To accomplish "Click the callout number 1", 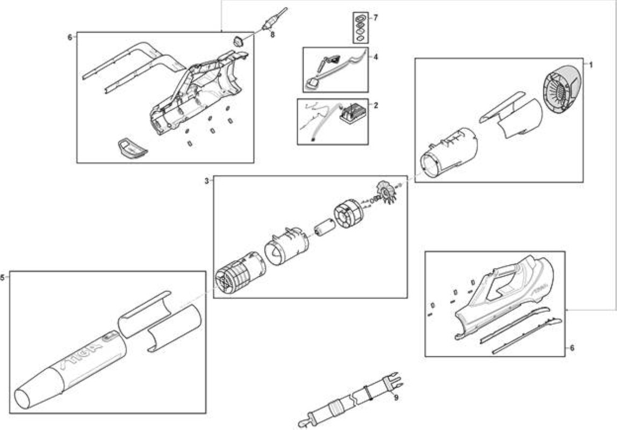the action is point(591,65).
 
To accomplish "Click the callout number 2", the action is point(376,105).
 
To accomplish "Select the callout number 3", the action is point(206,181).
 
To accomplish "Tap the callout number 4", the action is point(376,57).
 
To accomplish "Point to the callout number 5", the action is point(3,278).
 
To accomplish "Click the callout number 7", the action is point(376,18).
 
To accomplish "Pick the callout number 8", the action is point(272,34).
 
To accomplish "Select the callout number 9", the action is point(396,398).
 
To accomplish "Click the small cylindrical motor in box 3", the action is point(325,228).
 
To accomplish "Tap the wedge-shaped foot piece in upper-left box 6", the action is point(132,149).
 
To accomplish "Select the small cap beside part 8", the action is point(238,41).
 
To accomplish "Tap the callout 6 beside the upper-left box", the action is point(70,38).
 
